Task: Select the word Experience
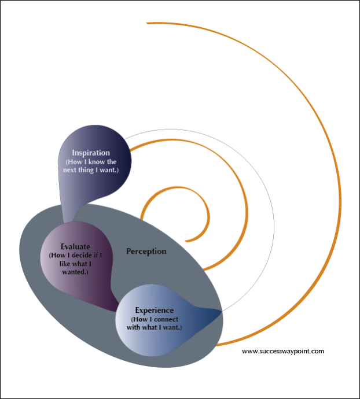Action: click(x=154, y=311)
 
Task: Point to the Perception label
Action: click(x=146, y=252)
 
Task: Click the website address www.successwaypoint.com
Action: click(x=283, y=350)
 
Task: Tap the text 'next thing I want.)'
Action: click(x=95, y=171)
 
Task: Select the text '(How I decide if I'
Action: click(x=75, y=255)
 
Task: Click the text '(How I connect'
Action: click(x=155, y=319)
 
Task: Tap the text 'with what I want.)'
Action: click(x=155, y=327)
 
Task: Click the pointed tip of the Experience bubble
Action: click(x=221, y=313)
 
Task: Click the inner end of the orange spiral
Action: click(x=186, y=239)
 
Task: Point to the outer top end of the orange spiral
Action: click(x=148, y=23)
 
